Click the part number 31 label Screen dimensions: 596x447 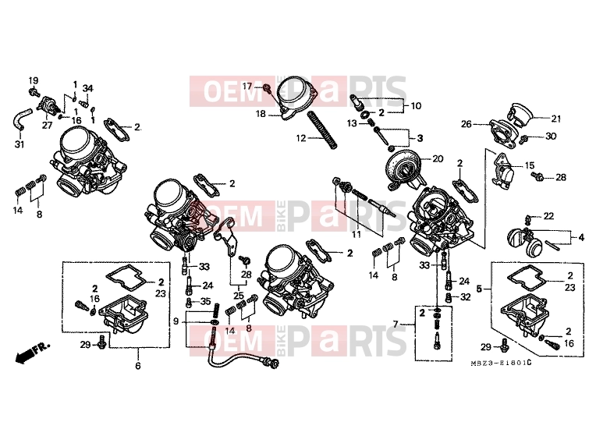click(x=20, y=144)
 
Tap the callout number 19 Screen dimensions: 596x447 click(x=34, y=80)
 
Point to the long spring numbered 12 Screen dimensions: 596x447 click(x=322, y=130)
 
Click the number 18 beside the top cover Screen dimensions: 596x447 click(x=261, y=114)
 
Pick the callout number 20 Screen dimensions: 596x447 click(x=438, y=158)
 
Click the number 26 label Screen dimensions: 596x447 click(x=467, y=124)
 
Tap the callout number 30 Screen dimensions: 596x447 click(x=551, y=136)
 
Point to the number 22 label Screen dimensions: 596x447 click(x=548, y=216)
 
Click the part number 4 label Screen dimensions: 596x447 click(x=581, y=238)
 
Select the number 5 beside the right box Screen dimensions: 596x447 click(x=479, y=289)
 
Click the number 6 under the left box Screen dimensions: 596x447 click(x=138, y=366)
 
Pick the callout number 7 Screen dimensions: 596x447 click(x=396, y=325)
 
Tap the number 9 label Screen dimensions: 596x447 click(x=176, y=321)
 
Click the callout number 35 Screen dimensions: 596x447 click(x=205, y=302)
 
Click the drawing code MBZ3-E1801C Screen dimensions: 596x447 click(x=501, y=363)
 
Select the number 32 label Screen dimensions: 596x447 click(x=465, y=297)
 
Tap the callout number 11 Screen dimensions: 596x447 click(x=357, y=234)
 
